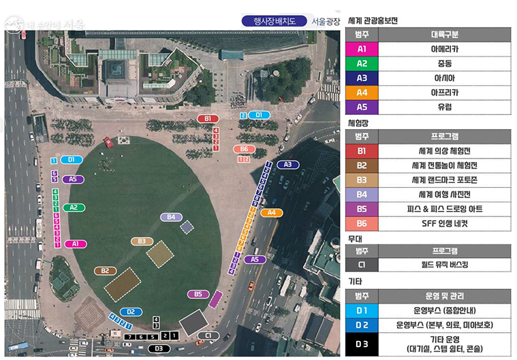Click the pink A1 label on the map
point(76,243)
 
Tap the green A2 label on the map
point(74,207)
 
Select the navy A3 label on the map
point(287,165)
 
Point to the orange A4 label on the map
point(271,212)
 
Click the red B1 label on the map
point(208,118)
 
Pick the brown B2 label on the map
point(105,270)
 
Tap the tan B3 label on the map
point(142,241)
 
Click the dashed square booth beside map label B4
point(187,227)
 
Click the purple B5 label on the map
point(198,294)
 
